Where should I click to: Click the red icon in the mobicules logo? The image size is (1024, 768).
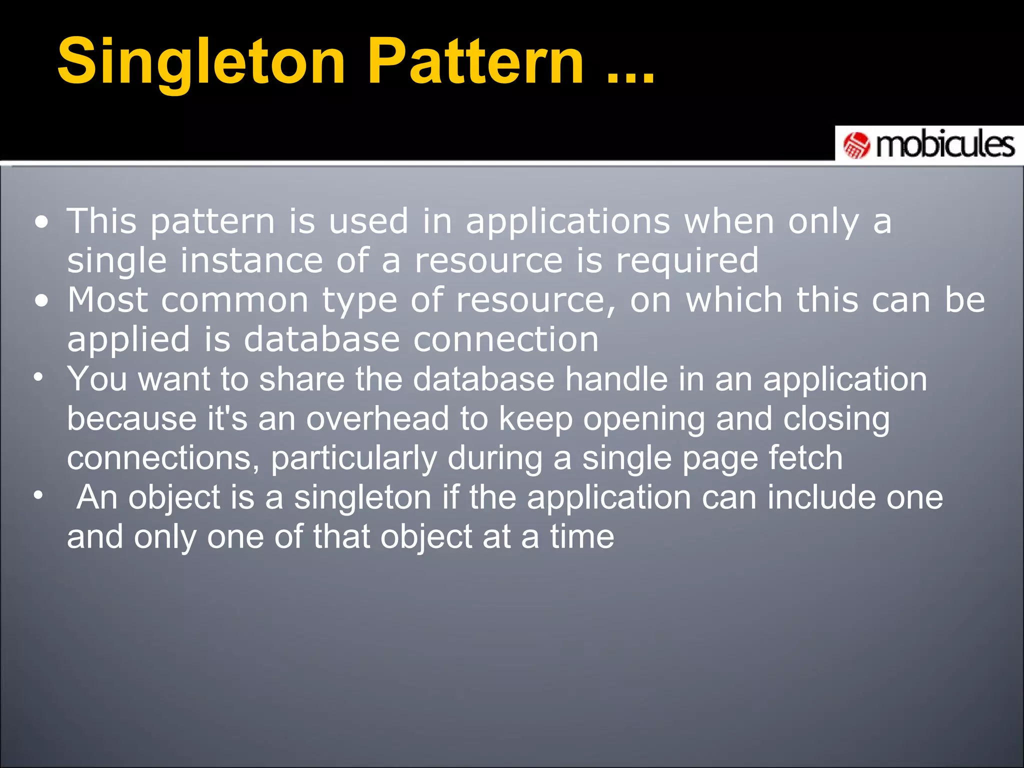[x=856, y=145]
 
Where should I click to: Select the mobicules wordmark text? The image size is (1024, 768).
[x=945, y=145]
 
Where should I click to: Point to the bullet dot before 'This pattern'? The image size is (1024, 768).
[x=42, y=222]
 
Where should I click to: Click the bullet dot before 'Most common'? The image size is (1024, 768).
[x=42, y=301]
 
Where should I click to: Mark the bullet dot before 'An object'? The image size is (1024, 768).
[x=38, y=495]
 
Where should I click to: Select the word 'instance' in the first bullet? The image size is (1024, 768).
[x=251, y=260]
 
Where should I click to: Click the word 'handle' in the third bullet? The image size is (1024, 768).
[x=616, y=379]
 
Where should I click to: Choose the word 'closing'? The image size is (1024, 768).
[x=836, y=419]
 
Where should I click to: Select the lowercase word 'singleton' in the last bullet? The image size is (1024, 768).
[x=362, y=498]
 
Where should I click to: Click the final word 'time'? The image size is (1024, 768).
[x=582, y=537]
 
